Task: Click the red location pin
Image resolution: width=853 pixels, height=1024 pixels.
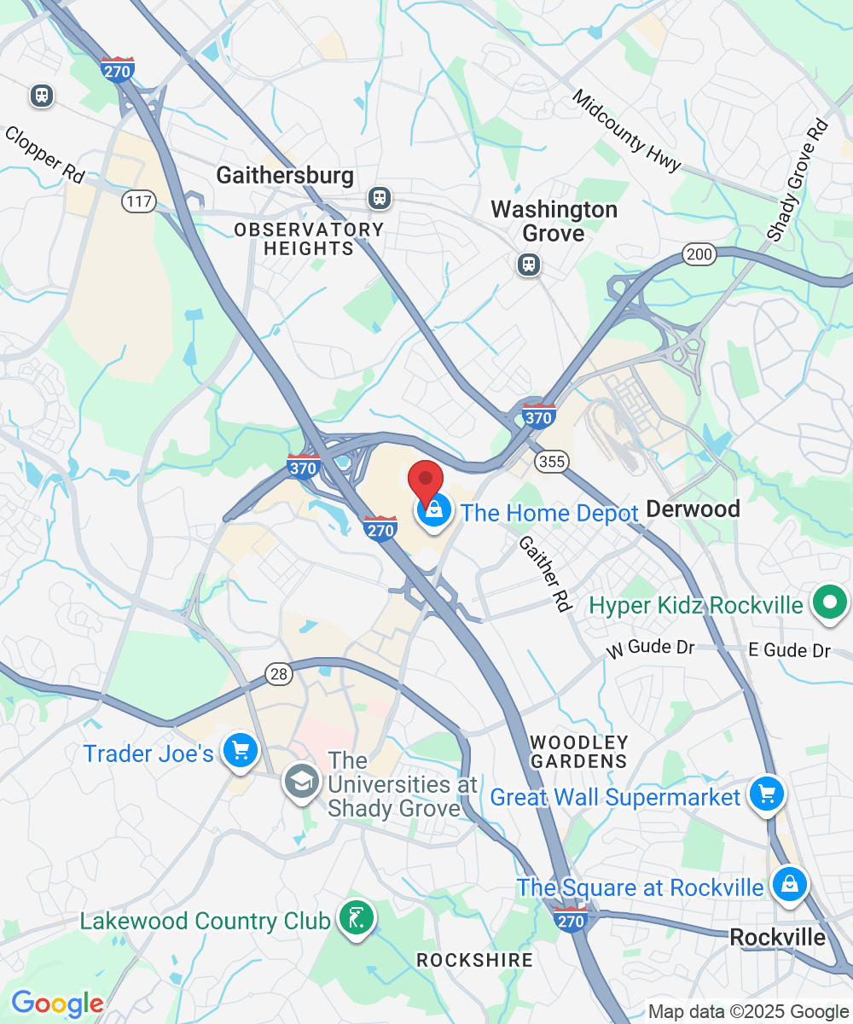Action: coord(425,480)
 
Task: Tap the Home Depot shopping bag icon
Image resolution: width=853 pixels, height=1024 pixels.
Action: coord(434,512)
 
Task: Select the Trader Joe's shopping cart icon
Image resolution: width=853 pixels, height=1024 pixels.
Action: coord(240,751)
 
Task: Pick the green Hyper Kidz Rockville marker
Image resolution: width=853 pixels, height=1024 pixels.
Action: coord(828,603)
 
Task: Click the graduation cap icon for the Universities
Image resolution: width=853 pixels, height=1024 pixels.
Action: coord(301,782)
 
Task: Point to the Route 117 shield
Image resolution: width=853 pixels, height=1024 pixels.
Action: coord(137,202)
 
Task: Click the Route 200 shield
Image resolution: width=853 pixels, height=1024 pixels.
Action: coord(699,253)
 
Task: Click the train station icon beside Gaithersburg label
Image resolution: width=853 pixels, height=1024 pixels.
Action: coord(379,198)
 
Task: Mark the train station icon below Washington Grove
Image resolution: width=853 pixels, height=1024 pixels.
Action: coord(529,264)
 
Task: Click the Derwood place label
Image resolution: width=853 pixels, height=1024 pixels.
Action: coord(692,509)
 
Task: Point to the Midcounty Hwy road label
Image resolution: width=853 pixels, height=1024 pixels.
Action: coord(625,131)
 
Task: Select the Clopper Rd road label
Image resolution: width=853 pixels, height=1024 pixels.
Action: coord(44,154)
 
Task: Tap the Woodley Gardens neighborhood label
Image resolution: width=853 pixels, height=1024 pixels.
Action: coord(579,751)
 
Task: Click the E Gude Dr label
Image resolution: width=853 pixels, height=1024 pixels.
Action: coord(788,650)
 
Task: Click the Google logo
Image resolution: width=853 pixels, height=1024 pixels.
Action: coord(56,1004)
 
